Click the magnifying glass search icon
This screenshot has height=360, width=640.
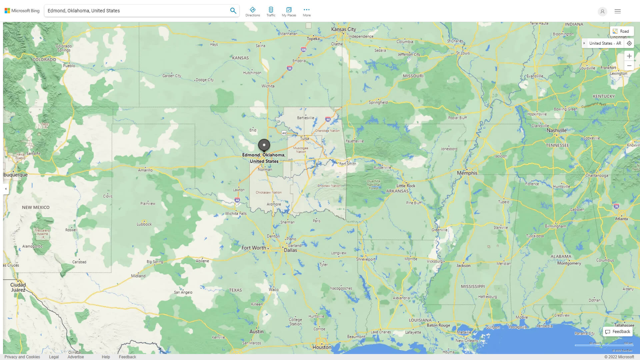coord(233,11)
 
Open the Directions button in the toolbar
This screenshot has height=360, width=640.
coord(252,12)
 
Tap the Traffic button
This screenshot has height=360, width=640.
coord(271,12)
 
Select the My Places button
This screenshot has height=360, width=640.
coord(289,12)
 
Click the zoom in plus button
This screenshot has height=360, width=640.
coord(629,56)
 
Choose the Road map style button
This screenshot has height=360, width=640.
coord(622,31)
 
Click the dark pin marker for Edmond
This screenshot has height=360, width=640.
coord(264,145)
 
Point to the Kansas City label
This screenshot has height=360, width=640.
coord(343,29)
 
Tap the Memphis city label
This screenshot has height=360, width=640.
coord(467,173)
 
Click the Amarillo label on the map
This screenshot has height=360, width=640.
coord(145,170)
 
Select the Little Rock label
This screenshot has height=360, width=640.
coord(406,186)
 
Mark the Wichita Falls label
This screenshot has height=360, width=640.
coord(236,213)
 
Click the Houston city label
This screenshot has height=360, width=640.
coord(322,347)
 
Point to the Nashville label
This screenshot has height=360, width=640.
coord(556,130)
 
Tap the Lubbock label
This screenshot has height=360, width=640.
coord(144,224)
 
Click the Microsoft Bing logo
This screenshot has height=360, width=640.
coord(22,11)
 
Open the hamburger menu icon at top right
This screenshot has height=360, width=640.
coord(617,11)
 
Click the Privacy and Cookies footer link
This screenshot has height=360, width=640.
coord(22,357)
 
